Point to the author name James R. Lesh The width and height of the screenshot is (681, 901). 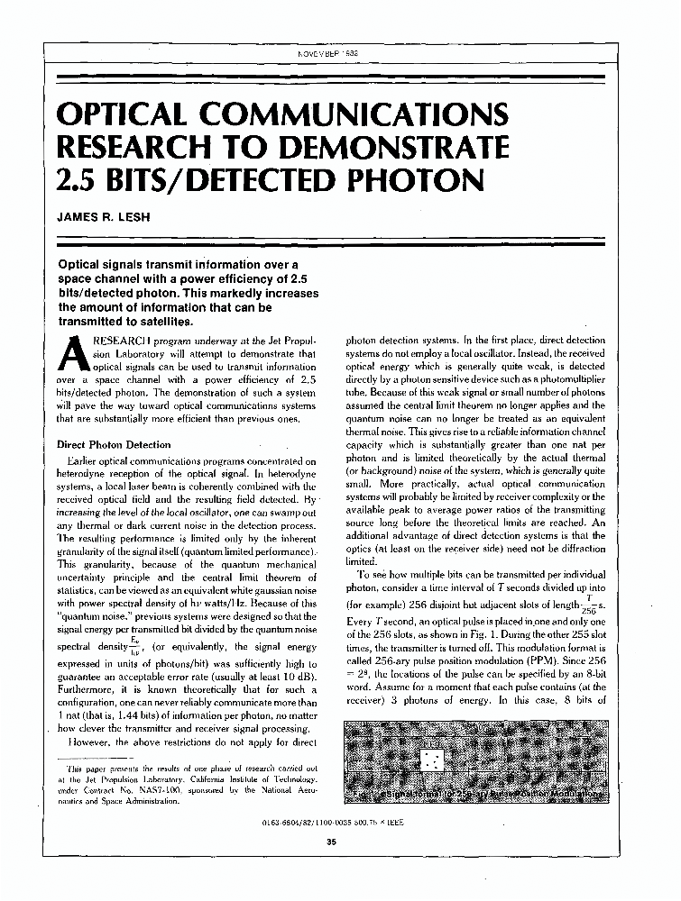(x=99, y=216)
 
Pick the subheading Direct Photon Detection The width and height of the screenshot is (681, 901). (x=114, y=444)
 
